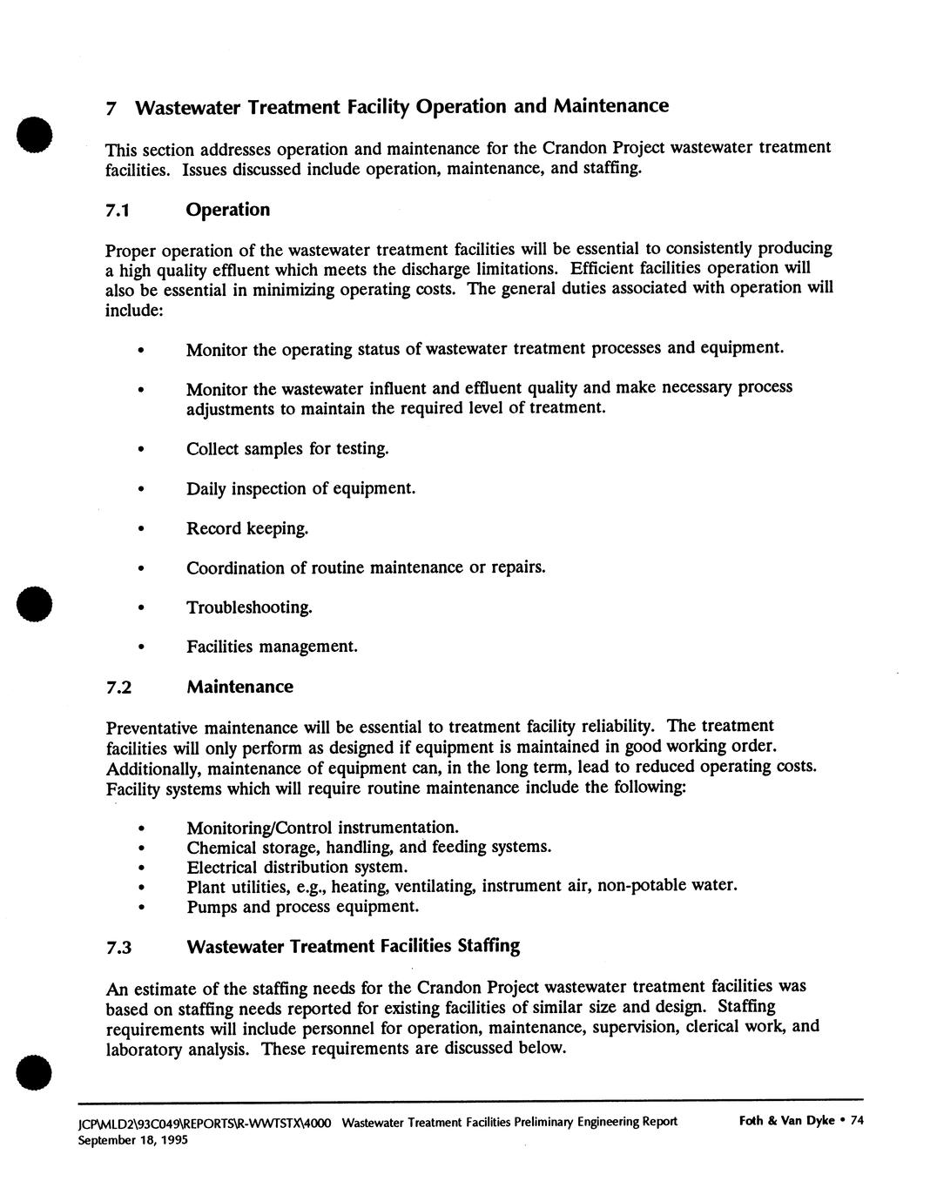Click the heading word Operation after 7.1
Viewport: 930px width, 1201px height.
pyautogui.click(x=228, y=210)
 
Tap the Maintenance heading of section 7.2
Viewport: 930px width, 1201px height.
pyautogui.click(x=239, y=687)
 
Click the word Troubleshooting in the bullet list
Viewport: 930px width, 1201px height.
pyautogui.click(x=249, y=607)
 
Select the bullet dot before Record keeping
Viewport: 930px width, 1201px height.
pyautogui.click(x=140, y=530)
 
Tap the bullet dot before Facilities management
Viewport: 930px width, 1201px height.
pyautogui.click(x=140, y=648)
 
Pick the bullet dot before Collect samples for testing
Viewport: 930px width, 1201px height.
pyautogui.click(x=140, y=451)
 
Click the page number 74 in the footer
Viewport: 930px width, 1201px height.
pyautogui.click(x=856, y=1120)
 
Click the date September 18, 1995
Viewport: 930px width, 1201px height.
pyautogui.click(x=132, y=1139)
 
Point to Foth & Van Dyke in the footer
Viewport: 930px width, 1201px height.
pyautogui.click(x=786, y=1120)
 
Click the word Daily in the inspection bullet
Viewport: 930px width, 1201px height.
pyautogui.click(x=206, y=489)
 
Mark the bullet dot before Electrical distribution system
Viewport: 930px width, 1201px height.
pyautogui.click(x=140, y=869)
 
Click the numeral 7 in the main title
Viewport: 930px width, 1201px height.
pyautogui.click(x=111, y=109)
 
